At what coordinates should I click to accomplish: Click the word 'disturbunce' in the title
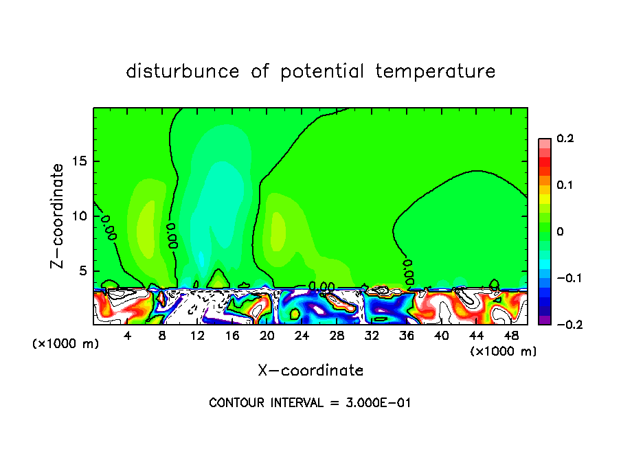click(183, 71)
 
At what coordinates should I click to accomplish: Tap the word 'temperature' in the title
click(436, 71)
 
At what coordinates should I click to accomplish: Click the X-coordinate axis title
click(310, 371)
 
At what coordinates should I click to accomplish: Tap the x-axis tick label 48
click(511, 336)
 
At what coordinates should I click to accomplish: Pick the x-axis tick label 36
click(407, 336)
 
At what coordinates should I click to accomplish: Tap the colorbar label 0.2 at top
click(565, 139)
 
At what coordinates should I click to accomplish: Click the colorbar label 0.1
click(565, 185)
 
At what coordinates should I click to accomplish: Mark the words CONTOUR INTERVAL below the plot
click(265, 403)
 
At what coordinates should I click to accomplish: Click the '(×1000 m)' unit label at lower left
click(65, 344)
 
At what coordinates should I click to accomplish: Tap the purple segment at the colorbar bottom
click(544, 320)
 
